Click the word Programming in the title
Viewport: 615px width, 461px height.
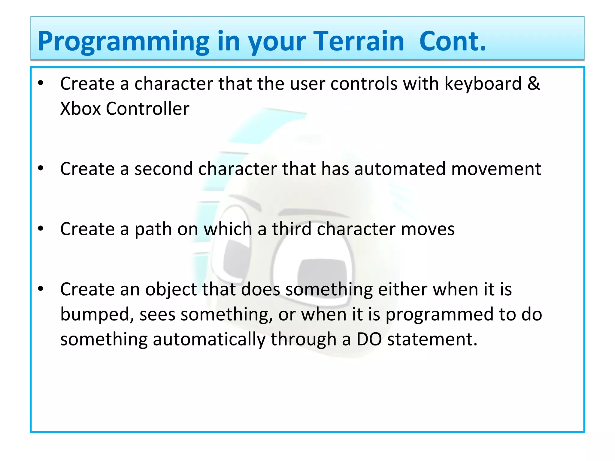tap(123, 42)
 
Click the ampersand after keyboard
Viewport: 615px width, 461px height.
tap(533, 83)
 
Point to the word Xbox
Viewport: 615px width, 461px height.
tap(80, 108)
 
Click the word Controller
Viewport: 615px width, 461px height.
tap(147, 108)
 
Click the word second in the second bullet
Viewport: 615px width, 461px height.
tap(163, 169)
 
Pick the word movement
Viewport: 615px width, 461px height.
tap(496, 169)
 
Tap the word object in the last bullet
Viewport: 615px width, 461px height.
tap(171, 290)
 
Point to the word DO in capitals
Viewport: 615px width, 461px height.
tap(369, 339)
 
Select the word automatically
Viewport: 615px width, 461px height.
tap(209, 339)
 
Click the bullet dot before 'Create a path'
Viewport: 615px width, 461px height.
tap(41, 229)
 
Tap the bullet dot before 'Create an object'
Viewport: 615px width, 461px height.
tap(41, 289)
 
